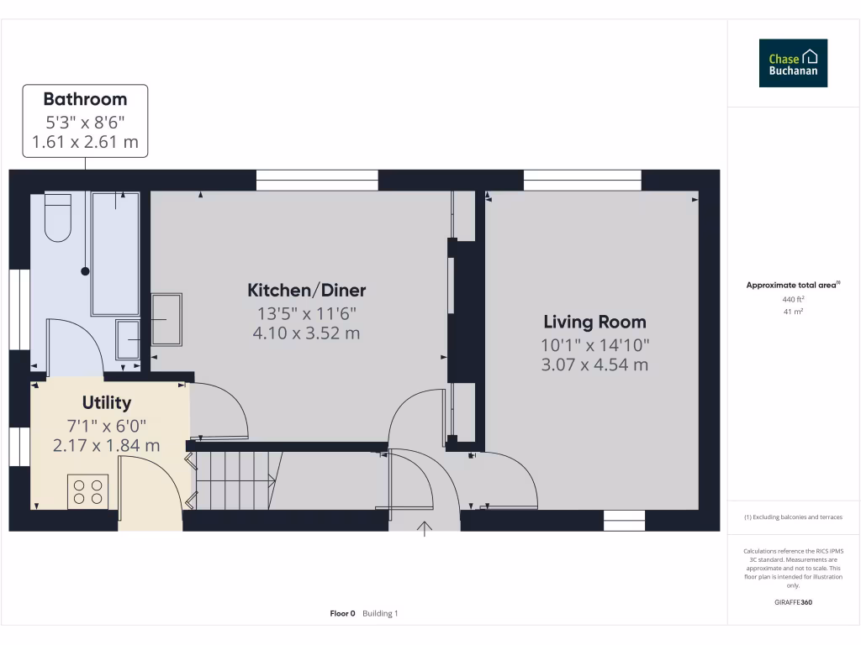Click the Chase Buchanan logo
[793, 63]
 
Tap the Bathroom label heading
[85, 99]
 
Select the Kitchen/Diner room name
[306, 291]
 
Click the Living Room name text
[594, 322]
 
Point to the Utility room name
[107, 403]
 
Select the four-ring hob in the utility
[88, 490]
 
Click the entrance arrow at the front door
[425, 528]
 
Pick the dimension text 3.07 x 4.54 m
[594, 364]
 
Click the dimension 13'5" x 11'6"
[307, 313]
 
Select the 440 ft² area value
[793, 299]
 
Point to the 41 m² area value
[793, 312]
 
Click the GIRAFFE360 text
[793, 602]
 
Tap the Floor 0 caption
[343, 614]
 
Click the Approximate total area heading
[792, 286]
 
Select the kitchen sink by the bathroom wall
[166, 319]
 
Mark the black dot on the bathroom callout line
[85, 271]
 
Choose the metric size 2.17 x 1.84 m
[106, 445]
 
